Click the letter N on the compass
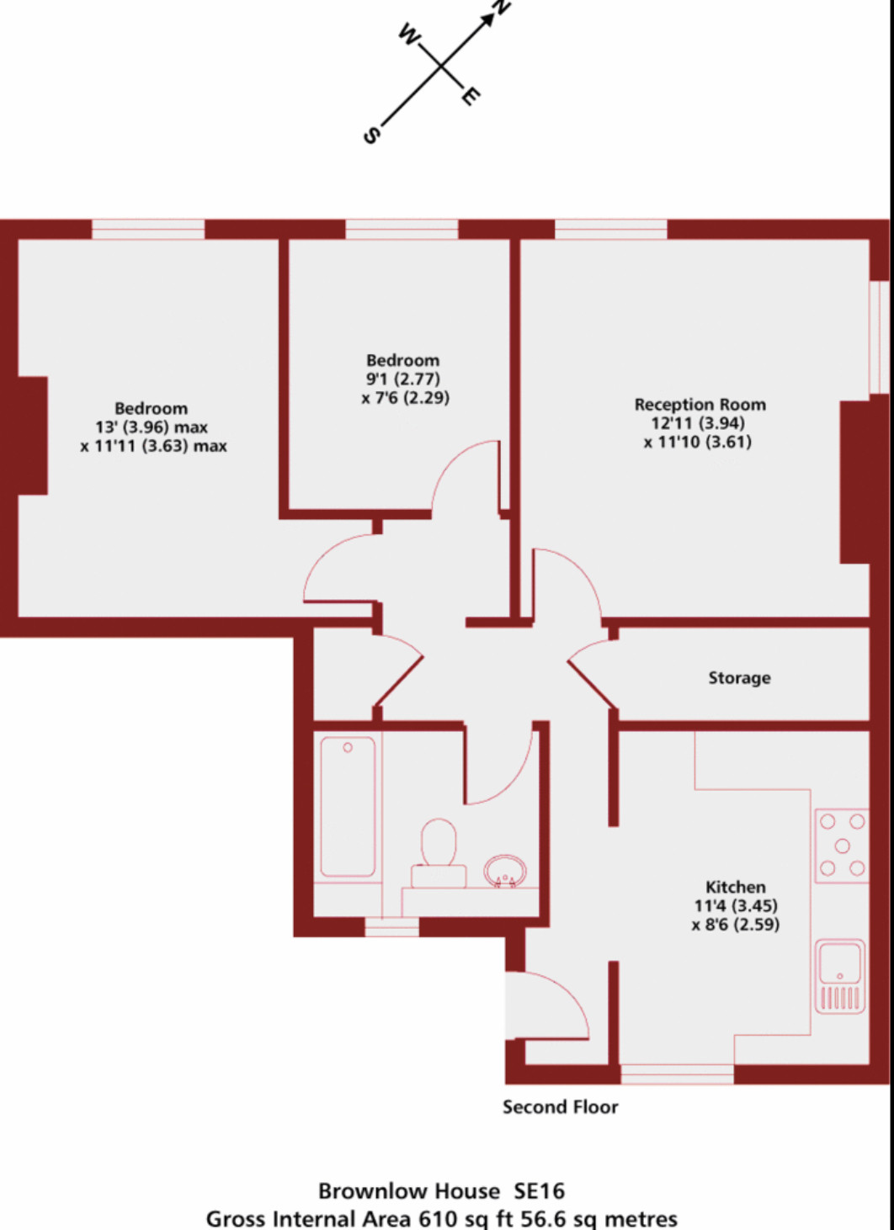coord(501,7)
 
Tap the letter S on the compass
coord(372,135)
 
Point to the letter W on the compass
coord(409,34)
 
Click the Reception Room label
coord(700,405)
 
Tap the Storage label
coord(739,677)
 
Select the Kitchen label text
coord(735,887)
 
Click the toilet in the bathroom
coord(439,853)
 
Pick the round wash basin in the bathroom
coord(505,871)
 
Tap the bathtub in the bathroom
coord(348,807)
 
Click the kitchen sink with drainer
coord(839,976)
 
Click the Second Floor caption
coord(560,1106)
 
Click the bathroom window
coord(391,927)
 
